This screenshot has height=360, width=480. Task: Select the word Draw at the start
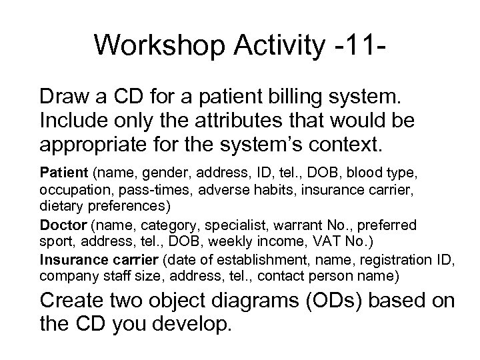point(65,97)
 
